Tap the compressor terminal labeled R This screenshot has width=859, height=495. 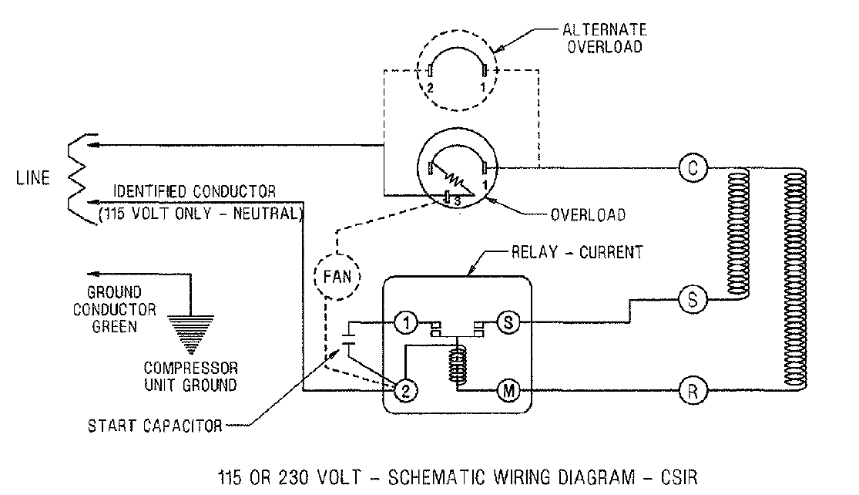pos(692,391)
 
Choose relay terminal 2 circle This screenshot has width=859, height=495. pos(405,391)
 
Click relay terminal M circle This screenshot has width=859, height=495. pos(509,391)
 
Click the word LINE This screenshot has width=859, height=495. pos(33,178)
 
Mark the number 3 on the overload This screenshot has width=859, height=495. pos(457,201)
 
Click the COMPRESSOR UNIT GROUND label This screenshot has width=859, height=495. pos(190,375)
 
